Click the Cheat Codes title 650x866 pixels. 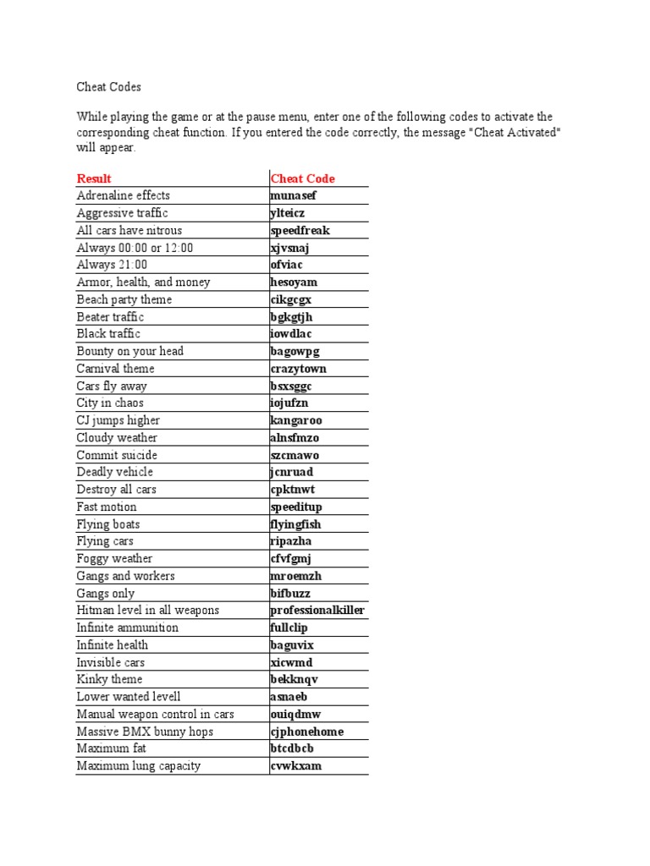click(108, 87)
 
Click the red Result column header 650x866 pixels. click(94, 178)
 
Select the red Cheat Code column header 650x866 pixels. click(302, 178)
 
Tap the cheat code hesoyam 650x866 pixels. click(294, 282)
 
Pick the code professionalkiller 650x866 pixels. click(317, 610)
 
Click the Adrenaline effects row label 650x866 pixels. click(123, 195)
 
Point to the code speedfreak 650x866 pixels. click(300, 230)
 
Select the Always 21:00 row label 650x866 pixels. click(111, 265)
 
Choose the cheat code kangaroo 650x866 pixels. click(296, 420)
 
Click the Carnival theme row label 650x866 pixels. click(115, 369)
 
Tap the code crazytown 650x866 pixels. click(298, 369)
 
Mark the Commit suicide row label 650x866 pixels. click(117, 455)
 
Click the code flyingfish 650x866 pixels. click(295, 524)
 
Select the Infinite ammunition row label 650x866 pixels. click(127, 628)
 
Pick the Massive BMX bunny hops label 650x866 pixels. click(145, 732)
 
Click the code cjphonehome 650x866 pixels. click(306, 732)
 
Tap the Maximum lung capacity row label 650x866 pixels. click(138, 765)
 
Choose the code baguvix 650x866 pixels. click(292, 644)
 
